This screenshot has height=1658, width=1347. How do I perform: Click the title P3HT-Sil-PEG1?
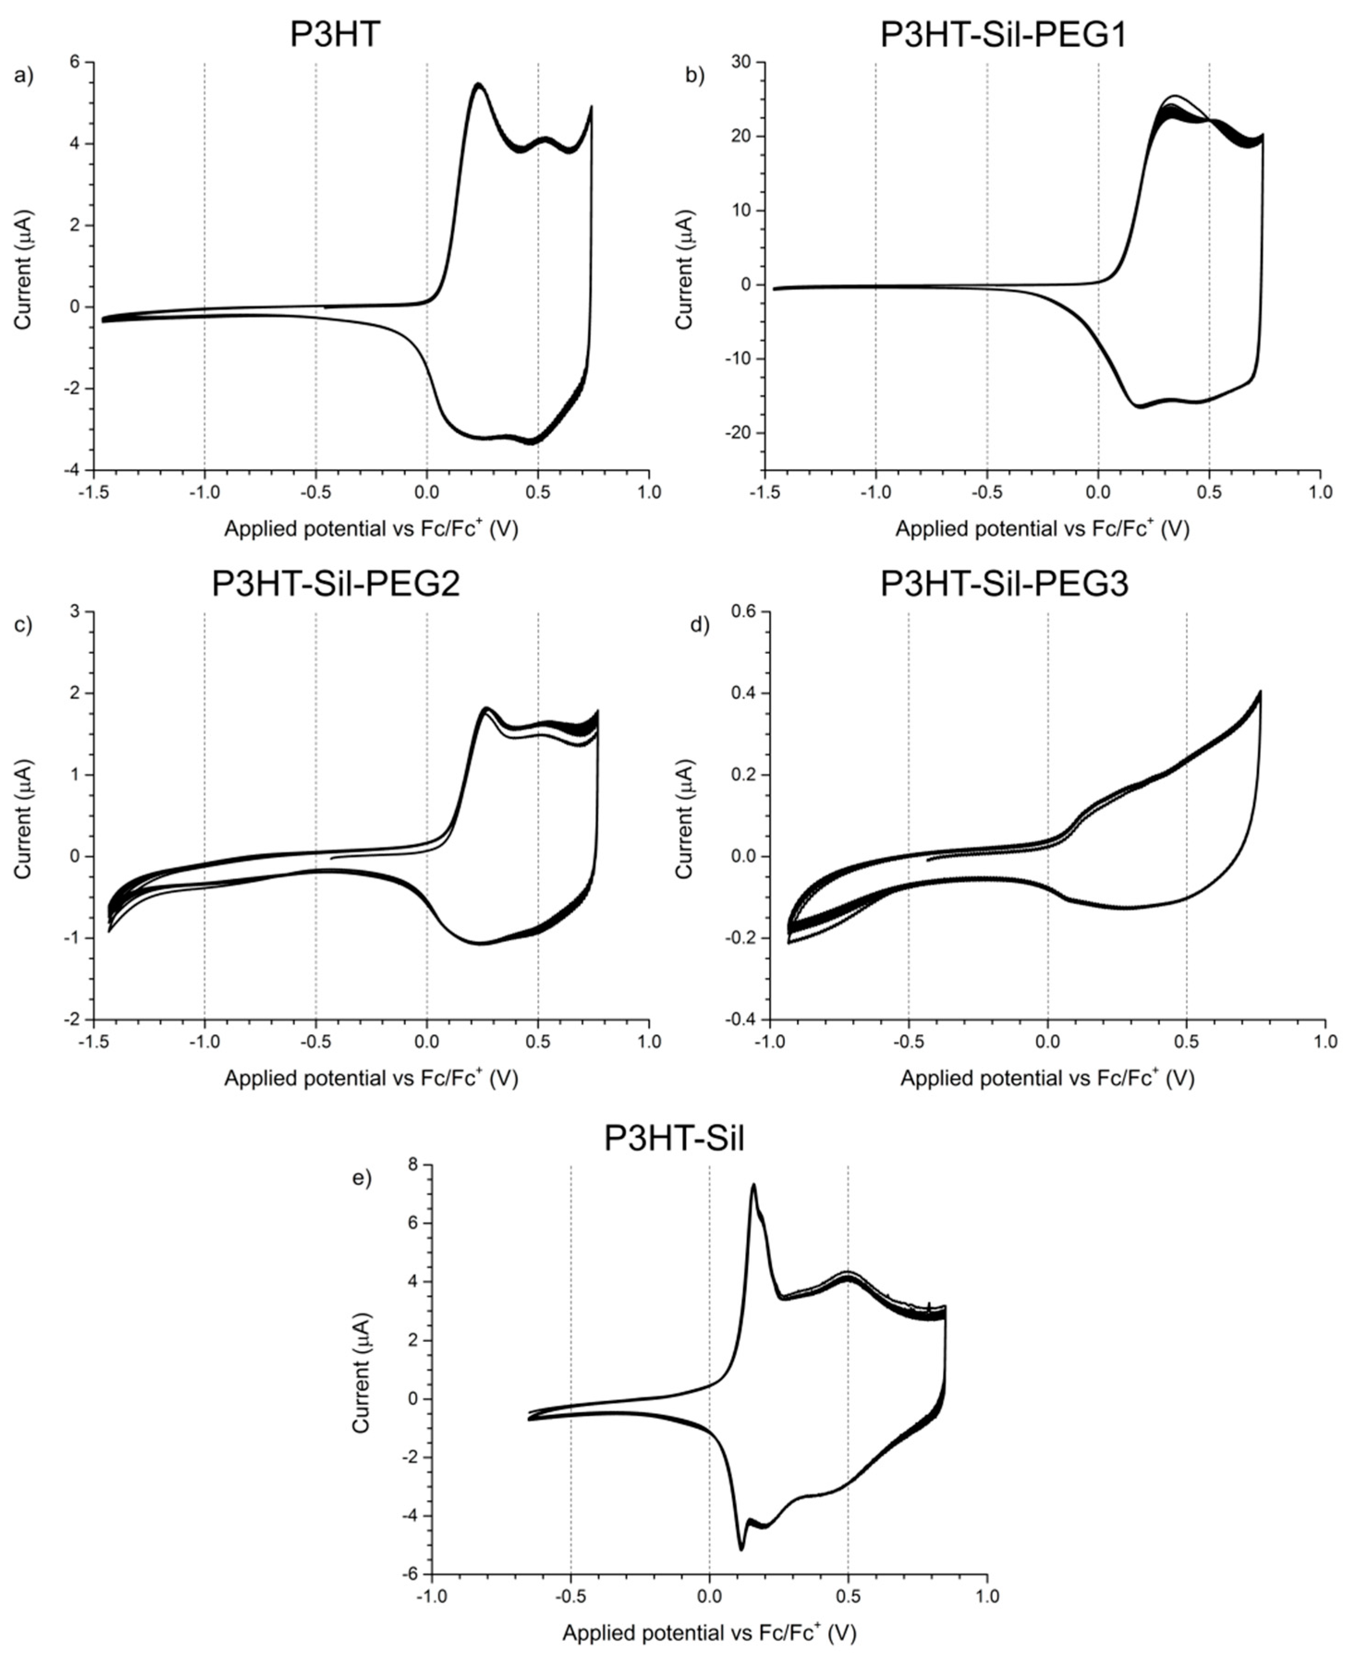click(x=1003, y=35)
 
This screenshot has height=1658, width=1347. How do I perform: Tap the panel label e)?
click(x=362, y=1178)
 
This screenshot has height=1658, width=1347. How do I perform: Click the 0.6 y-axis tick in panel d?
click(x=746, y=612)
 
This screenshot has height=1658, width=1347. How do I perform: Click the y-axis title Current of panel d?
click(x=685, y=819)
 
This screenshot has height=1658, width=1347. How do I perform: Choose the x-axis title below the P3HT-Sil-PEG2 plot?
click(x=371, y=1078)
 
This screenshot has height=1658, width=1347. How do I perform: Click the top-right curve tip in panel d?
click(x=1260, y=692)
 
